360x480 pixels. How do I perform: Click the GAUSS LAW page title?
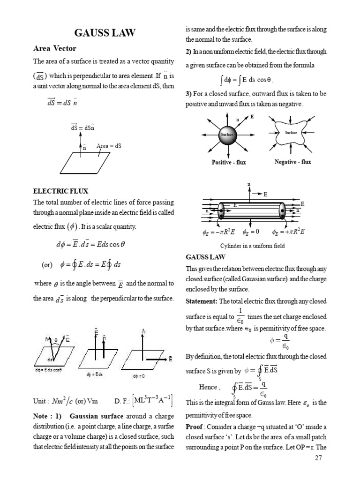(105, 33)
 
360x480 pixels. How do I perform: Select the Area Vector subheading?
(54, 49)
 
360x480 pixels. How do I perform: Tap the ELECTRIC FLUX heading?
(60, 191)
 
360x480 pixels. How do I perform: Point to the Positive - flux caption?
(228, 162)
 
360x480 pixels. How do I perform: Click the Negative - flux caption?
(292, 162)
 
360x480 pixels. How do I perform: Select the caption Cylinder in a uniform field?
(253, 245)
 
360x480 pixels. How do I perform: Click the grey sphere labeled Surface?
(227, 134)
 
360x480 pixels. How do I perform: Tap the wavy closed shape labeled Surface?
(291, 133)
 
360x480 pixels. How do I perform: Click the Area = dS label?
(109, 146)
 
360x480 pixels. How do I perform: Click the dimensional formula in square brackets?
(153, 401)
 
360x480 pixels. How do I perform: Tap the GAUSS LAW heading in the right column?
(206, 257)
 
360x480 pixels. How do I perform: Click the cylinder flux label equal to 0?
(251, 232)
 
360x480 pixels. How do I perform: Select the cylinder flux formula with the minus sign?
(215, 232)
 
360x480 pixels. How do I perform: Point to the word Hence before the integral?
(208, 387)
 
